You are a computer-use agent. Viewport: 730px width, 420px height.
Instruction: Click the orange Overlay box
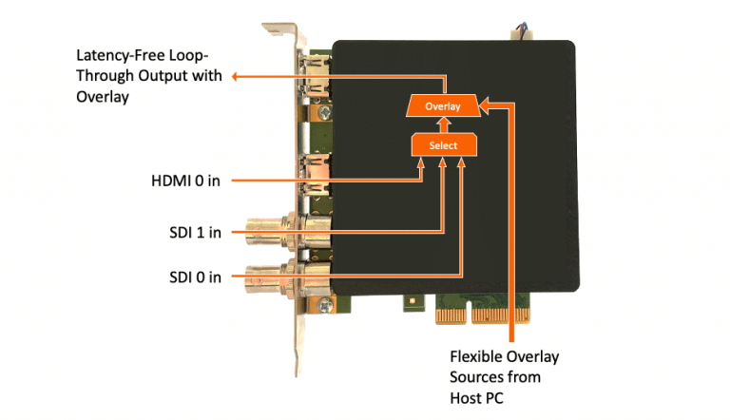[x=442, y=106]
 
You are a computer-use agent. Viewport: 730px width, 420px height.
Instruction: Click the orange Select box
[x=442, y=145]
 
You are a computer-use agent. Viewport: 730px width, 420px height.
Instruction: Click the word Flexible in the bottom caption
[x=473, y=356]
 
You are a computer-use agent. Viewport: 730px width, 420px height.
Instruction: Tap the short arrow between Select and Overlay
[x=442, y=125]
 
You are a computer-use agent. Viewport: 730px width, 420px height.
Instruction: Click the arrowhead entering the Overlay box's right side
[x=485, y=105]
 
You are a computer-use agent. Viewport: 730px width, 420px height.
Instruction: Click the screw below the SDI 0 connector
[x=326, y=306]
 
